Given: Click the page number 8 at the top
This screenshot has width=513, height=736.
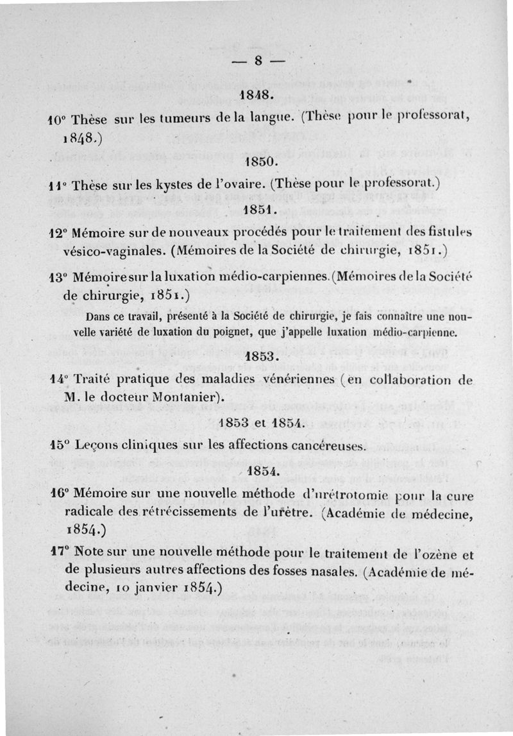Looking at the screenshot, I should tap(258, 62).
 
